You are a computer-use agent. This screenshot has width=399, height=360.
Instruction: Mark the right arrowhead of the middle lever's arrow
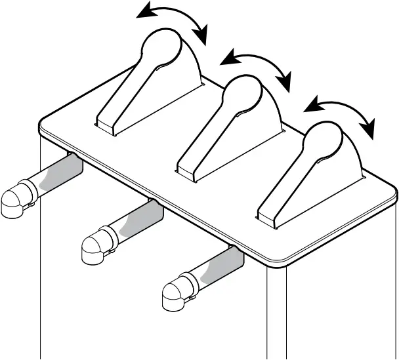[285, 83]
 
